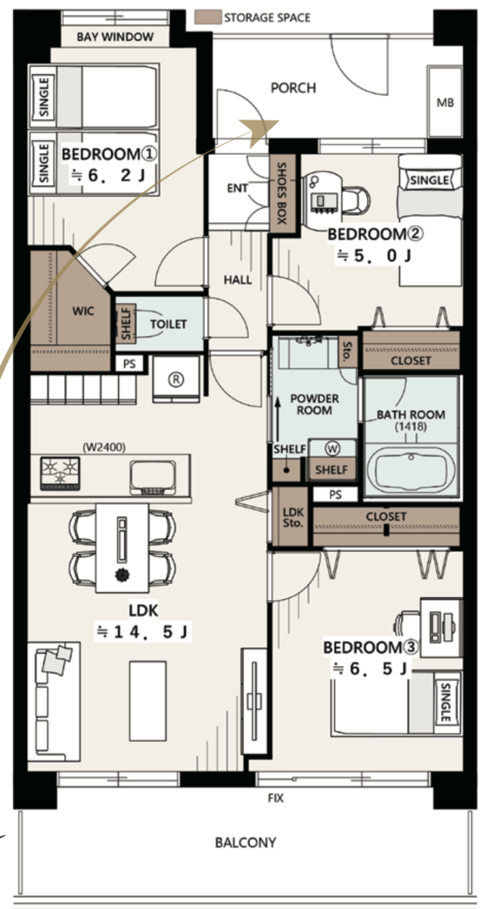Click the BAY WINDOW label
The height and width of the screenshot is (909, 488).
click(x=115, y=37)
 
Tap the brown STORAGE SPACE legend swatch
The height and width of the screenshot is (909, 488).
click(x=208, y=17)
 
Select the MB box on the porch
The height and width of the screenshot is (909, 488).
click(x=445, y=102)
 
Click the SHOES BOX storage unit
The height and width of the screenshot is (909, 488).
click(x=283, y=194)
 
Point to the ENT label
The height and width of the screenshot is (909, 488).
click(x=237, y=189)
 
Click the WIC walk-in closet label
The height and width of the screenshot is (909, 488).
click(x=83, y=311)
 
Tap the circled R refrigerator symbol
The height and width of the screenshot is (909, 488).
click(x=176, y=379)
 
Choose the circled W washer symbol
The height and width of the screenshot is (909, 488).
click(x=332, y=448)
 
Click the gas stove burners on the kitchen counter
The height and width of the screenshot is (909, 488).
click(x=60, y=473)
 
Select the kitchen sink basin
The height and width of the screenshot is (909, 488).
click(x=153, y=477)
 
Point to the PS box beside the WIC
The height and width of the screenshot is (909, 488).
click(x=129, y=364)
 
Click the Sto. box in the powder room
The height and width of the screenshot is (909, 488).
click(x=347, y=351)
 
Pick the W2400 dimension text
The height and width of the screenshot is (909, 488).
click(x=104, y=447)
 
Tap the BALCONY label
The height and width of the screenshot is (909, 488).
click(x=246, y=843)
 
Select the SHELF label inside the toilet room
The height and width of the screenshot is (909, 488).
click(x=126, y=324)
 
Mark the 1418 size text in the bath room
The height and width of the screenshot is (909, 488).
click(x=411, y=426)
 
